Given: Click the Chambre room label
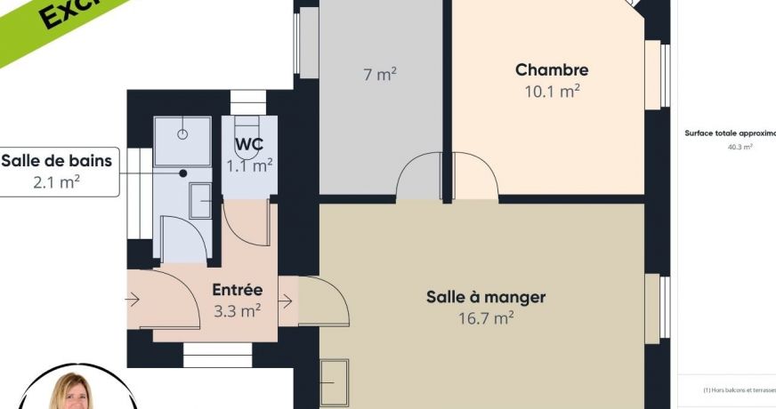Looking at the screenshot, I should pyautogui.click(x=552, y=69).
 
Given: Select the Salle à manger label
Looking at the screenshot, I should pyautogui.click(x=485, y=297).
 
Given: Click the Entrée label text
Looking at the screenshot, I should pyautogui.click(x=238, y=290).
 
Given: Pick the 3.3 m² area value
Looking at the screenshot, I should pyautogui.click(x=237, y=310).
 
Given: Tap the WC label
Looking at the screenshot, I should pyautogui.click(x=248, y=144).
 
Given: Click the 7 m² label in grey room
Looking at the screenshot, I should pyautogui.click(x=379, y=75).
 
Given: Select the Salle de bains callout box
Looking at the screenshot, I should pyautogui.click(x=59, y=172).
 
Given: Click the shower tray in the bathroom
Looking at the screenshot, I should pyautogui.click(x=182, y=135).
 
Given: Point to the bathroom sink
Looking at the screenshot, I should pyautogui.click(x=201, y=202).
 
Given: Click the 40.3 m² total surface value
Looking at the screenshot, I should pyautogui.click(x=740, y=147).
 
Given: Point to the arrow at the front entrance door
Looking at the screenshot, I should pyautogui.click(x=133, y=300).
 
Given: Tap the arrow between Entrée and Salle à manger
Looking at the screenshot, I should pyautogui.click(x=286, y=301).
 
